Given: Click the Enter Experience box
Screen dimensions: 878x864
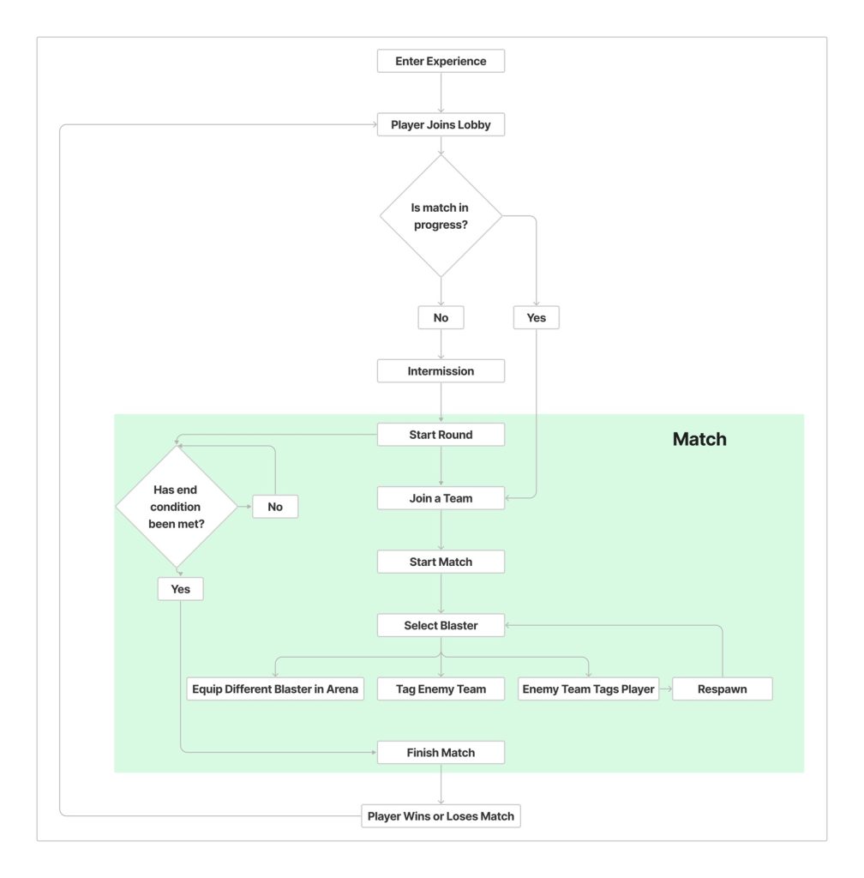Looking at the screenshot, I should [x=441, y=61].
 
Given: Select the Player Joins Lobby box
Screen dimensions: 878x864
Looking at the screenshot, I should [x=441, y=125].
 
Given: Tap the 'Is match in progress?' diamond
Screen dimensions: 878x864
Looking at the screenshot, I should [x=441, y=216].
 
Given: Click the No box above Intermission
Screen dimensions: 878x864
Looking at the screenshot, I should [x=441, y=317].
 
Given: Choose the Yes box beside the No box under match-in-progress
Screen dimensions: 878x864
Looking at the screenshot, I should [x=536, y=317].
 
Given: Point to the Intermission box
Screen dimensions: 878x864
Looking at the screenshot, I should [x=441, y=371].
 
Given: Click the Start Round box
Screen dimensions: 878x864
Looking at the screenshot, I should [x=441, y=435].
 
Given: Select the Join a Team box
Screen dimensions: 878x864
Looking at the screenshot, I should [x=441, y=498].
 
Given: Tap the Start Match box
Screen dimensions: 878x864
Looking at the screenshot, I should [x=441, y=562].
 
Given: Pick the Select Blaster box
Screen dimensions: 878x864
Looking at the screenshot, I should [x=441, y=625].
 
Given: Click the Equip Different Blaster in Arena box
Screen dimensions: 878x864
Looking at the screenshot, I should [x=275, y=689].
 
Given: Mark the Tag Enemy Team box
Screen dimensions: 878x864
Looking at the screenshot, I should [x=441, y=689].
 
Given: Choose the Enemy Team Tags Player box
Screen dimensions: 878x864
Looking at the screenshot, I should [x=588, y=689].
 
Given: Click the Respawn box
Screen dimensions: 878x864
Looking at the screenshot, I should [x=722, y=689].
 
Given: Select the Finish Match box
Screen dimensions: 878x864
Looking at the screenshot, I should [x=441, y=752].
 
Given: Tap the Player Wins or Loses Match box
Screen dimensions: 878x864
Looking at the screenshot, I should [x=441, y=815].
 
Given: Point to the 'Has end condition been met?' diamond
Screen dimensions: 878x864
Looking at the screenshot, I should [x=177, y=506].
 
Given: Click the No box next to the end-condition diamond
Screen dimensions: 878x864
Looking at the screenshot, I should [x=275, y=507].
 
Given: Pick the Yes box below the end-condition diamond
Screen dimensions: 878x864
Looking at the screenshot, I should [x=180, y=589].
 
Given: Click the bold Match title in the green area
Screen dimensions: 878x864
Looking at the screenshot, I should [x=699, y=440].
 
